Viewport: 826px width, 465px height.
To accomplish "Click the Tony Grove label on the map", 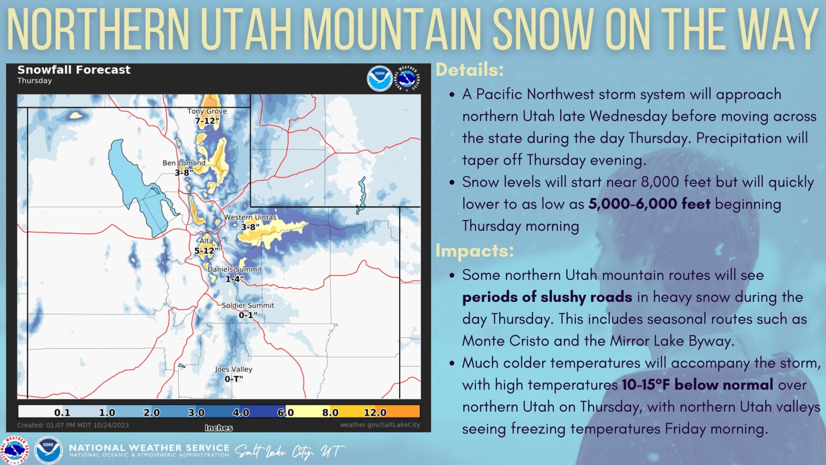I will coord(207,111).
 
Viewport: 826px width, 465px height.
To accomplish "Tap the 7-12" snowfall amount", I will coord(207,121).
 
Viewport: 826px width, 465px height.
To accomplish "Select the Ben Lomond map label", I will coord(184,163).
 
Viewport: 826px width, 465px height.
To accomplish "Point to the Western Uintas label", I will coord(250,217).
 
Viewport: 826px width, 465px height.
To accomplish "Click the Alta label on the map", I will coord(206,241).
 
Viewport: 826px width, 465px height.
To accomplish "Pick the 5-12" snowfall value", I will coord(206,251).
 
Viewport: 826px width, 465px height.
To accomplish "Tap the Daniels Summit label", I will coord(235,269).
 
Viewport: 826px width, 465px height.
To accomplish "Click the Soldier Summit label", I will coord(248,305).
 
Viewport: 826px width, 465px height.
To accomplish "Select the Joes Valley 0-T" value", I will coord(234,379).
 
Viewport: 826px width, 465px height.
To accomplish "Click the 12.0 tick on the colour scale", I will coord(375,412).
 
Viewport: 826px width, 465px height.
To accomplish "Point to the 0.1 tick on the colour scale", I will coord(62,412).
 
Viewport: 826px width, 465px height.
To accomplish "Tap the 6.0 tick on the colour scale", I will coord(286,412).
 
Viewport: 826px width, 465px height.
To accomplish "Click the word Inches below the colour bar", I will coord(219,428).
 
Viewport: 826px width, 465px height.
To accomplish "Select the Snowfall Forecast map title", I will coord(74,70).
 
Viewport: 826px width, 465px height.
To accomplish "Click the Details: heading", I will coord(469,70).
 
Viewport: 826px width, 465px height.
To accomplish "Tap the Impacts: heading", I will coord(475,251).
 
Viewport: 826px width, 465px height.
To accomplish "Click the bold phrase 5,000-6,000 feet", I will coord(649,204).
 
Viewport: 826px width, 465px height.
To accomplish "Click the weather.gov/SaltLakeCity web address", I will coord(380,425).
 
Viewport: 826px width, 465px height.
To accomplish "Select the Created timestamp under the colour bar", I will coord(73,425).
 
